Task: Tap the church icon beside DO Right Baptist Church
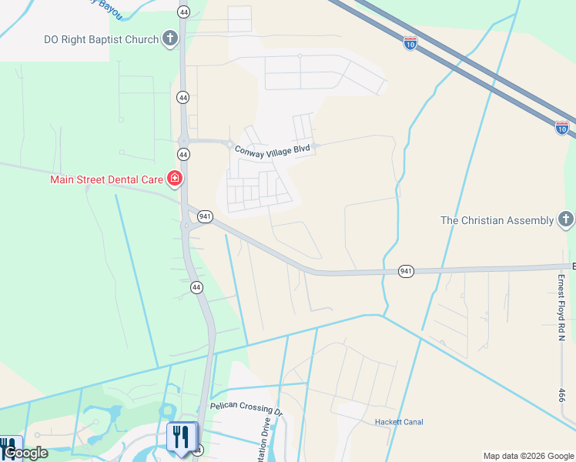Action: click(171, 39)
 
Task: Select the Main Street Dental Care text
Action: click(106, 179)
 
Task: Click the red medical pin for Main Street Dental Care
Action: click(175, 179)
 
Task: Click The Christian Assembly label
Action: click(497, 220)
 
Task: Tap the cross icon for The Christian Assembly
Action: click(566, 220)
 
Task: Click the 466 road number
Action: click(561, 395)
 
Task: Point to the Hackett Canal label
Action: click(399, 422)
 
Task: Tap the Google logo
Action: click(25, 453)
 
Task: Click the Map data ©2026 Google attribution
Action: click(528, 456)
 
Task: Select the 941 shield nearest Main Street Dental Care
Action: click(205, 216)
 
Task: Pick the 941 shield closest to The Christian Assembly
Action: click(407, 271)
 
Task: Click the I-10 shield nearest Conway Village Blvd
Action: click(410, 43)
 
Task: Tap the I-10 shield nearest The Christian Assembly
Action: click(562, 126)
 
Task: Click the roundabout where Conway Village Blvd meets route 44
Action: click(183, 140)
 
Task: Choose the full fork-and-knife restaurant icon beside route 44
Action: click(182, 437)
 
